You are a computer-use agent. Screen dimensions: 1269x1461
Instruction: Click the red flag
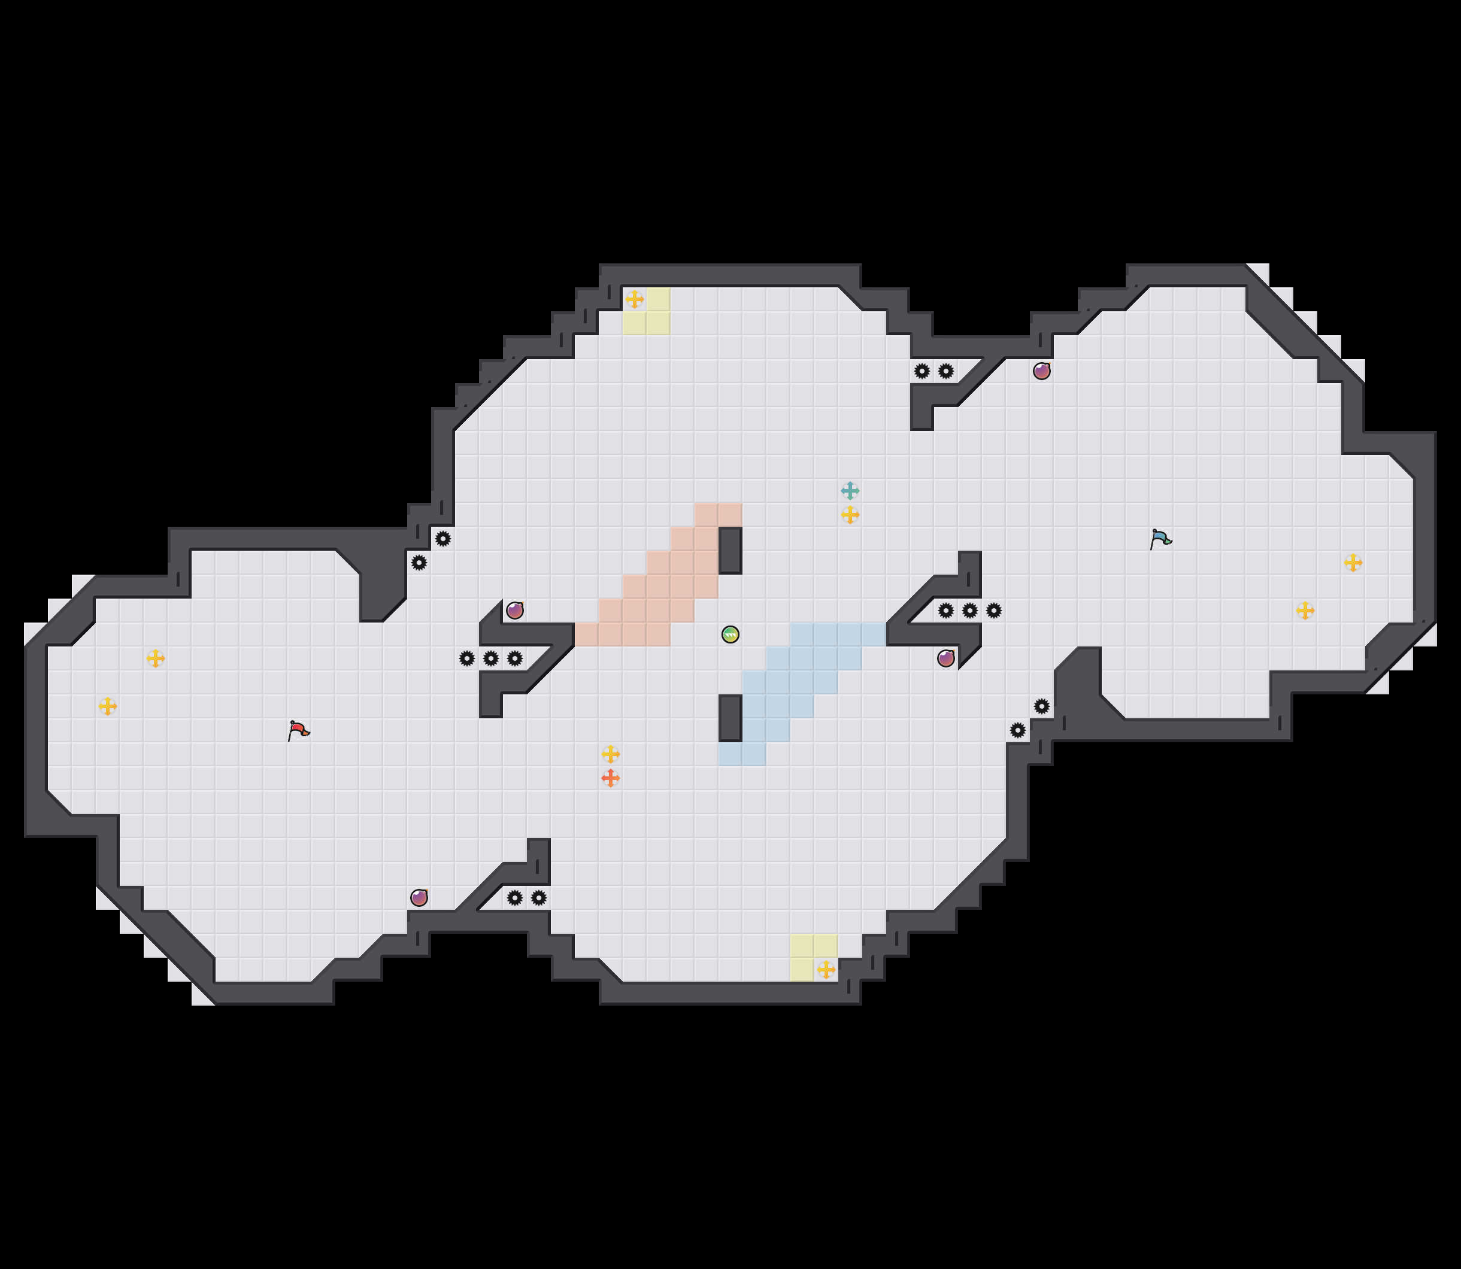(x=298, y=730)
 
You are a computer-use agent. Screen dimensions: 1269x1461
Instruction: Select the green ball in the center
(x=730, y=634)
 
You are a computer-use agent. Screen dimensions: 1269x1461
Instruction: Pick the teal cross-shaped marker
(x=850, y=491)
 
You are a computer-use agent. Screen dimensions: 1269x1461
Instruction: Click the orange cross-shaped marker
(x=611, y=778)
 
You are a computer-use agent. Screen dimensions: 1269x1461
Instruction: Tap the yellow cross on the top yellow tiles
(x=635, y=299)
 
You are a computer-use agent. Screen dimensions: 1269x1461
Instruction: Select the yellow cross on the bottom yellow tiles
(x=826, y=970)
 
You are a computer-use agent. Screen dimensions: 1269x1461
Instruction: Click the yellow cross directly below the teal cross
(x=850, y=515)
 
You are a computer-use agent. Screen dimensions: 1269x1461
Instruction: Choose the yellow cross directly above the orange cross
(x=611, y=754)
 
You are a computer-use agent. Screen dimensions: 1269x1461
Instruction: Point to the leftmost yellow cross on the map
(x=108, y=706)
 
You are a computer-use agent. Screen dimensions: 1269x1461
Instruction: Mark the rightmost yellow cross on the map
(x=1353, y=563)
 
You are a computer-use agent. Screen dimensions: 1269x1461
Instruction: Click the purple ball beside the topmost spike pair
(x=1041, y=371)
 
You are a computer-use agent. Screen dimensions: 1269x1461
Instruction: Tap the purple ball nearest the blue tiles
(x=945, y=658)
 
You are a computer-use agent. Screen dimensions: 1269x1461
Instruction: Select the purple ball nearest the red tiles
(x=515, y=611)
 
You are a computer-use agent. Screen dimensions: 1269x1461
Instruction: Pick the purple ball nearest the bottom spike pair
(x=419, y=898)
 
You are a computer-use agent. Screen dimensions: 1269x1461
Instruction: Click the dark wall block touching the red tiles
(x=730, y=550)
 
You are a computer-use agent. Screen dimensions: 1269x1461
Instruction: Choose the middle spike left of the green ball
(x=491, y=658)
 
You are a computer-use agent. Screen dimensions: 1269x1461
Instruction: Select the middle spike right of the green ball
(x=969, y=611)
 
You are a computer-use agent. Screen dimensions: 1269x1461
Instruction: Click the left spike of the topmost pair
(x=922, y=371)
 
